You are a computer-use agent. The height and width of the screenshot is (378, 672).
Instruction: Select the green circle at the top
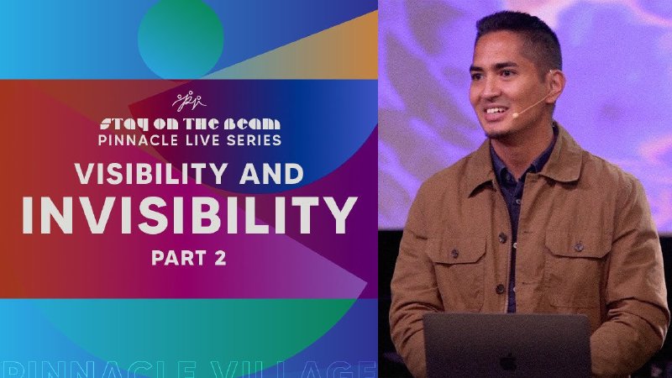180,37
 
